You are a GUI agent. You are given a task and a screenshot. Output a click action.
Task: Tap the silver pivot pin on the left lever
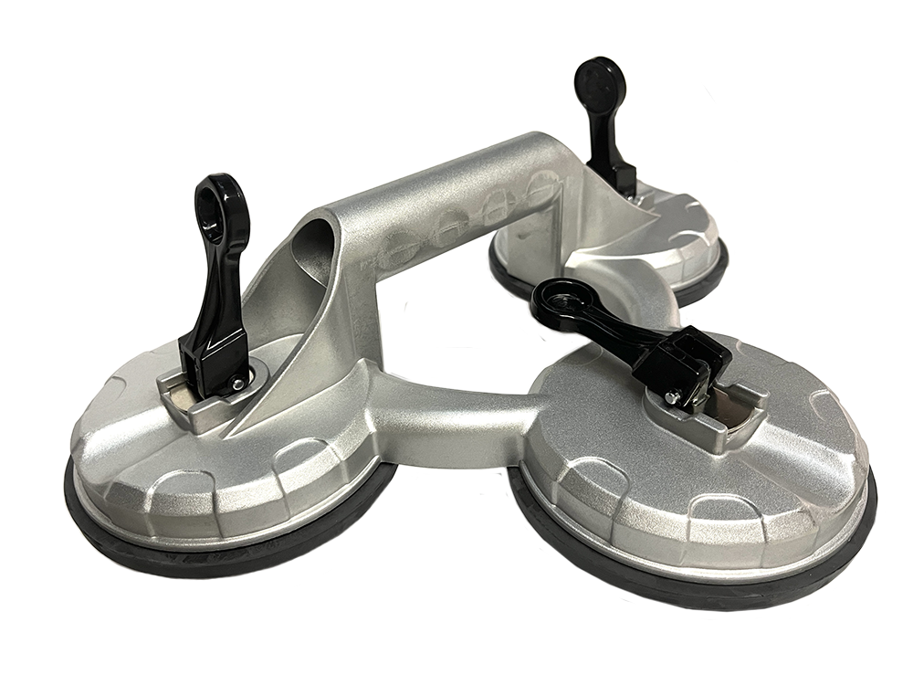(x=237, y=385)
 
